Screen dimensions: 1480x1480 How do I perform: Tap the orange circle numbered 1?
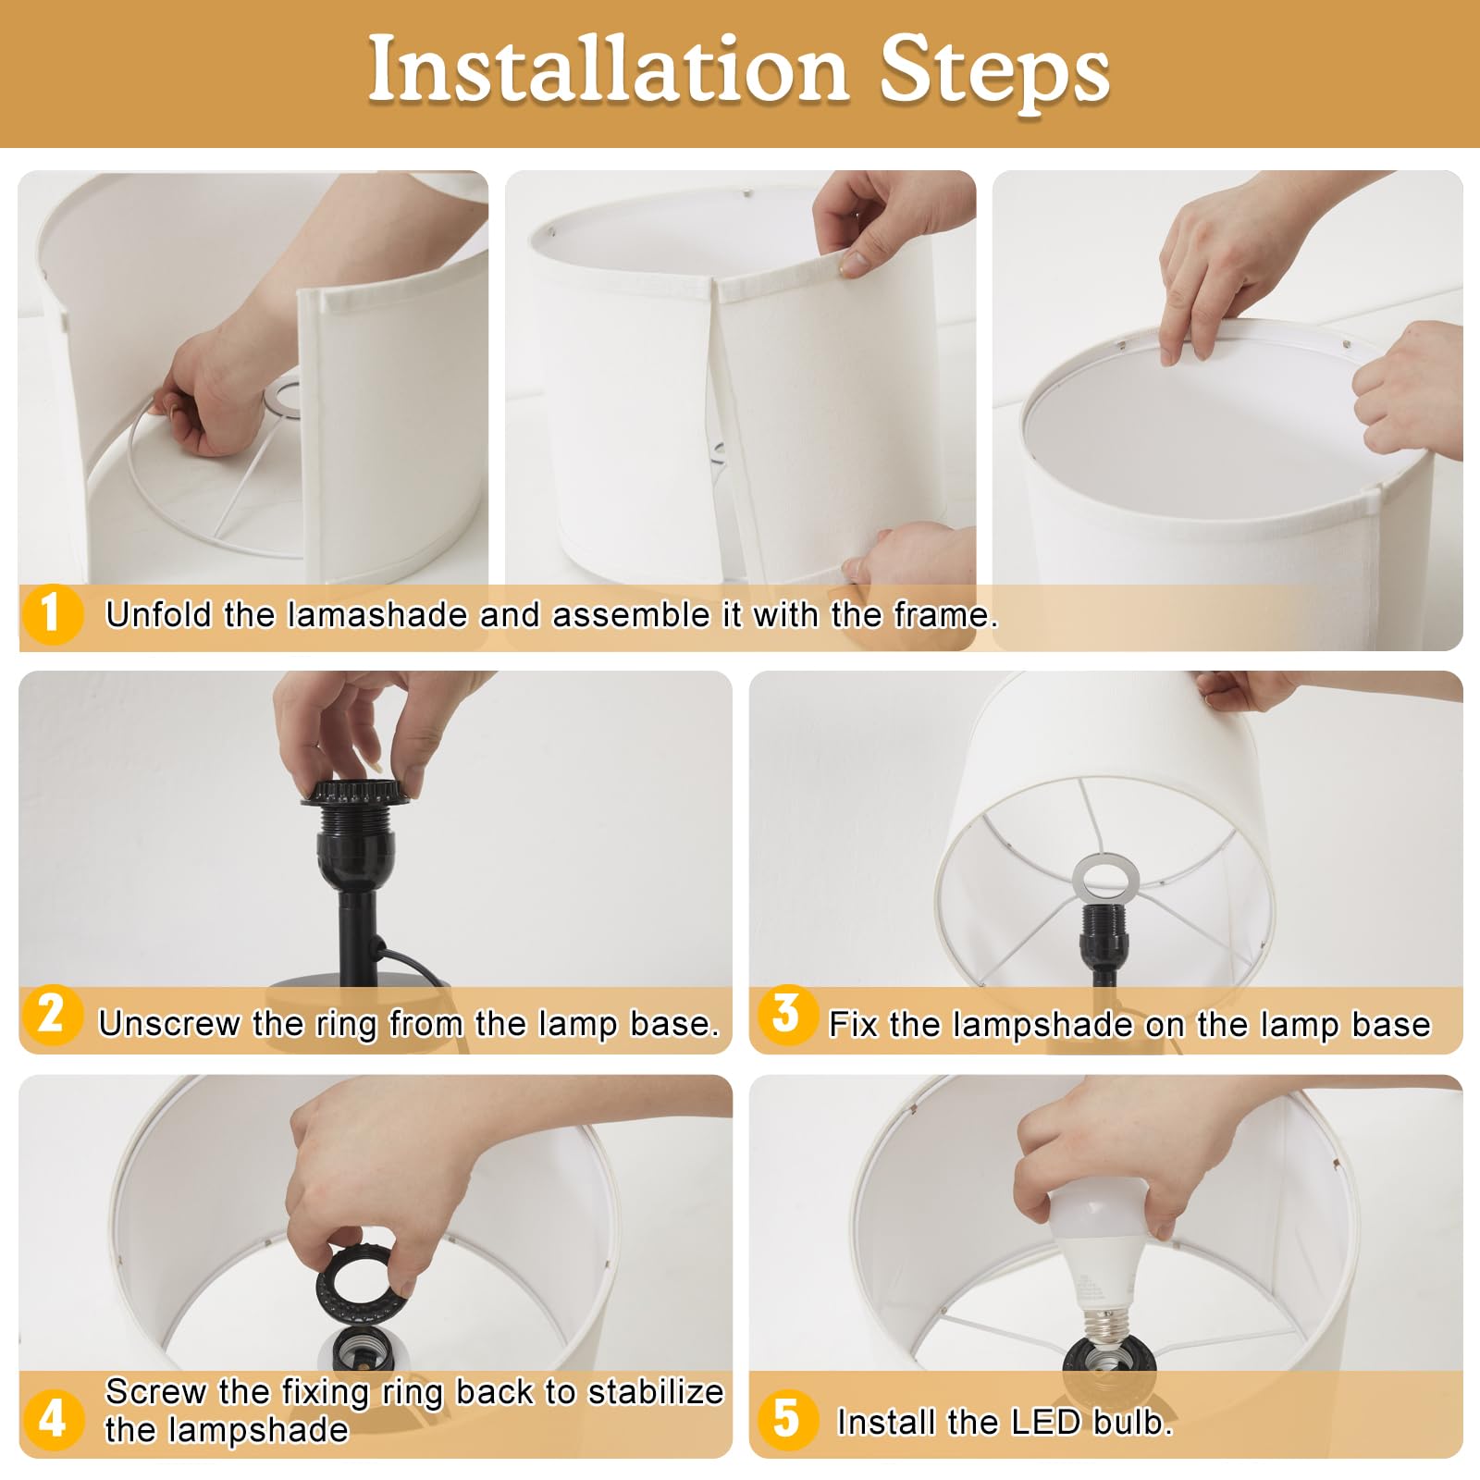click(x=51, y=613)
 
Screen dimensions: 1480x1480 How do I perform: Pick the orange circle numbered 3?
click(x=785, y=1015)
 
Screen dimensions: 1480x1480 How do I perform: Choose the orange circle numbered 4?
click(x=52, y=1418)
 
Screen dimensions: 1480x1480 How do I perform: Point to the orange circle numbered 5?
click(x=786, y=1418)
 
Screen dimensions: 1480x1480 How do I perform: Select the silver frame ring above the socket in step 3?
click(x=1105, y=876)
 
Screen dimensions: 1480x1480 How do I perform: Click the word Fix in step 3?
click(x=850, y=1024)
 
